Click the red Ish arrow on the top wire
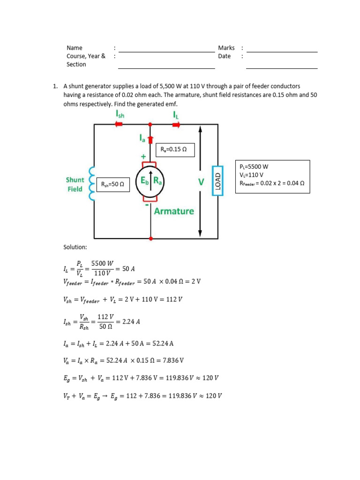tap(119, 124)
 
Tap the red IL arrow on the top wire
tap(176, 124)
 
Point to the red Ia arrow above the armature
tap(150, 139)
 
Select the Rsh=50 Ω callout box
tap(112, 184)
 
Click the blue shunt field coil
tap(92, 184)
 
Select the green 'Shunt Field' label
tap(75, 184)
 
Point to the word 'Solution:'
tap(75, 247)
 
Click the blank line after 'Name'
tap(166, 51)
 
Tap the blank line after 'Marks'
tap(282, 51)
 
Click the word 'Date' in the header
tap(225, 56)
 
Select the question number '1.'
tap(55, 86)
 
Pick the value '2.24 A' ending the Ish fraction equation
tap(131, 322)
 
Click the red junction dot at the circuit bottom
tap(150, 239)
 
